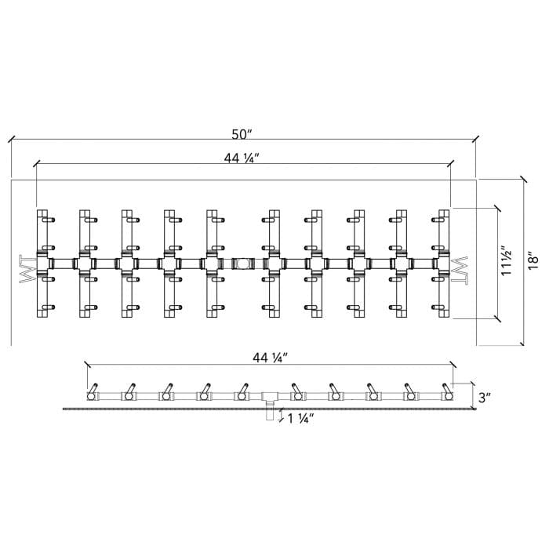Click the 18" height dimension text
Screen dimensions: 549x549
[534, 261]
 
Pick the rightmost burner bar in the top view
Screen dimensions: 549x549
[443, 264]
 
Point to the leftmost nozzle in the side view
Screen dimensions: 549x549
[93, 392]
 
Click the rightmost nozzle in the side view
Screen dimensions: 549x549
[447, 392]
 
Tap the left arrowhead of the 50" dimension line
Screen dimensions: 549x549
[12, 138]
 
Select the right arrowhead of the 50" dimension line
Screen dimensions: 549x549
[475, 138]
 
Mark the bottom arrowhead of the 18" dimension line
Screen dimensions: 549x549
[522, 343]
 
